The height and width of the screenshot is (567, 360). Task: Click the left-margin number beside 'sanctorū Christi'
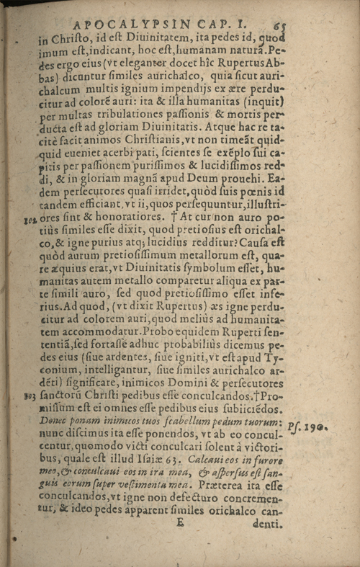(30, 395)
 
